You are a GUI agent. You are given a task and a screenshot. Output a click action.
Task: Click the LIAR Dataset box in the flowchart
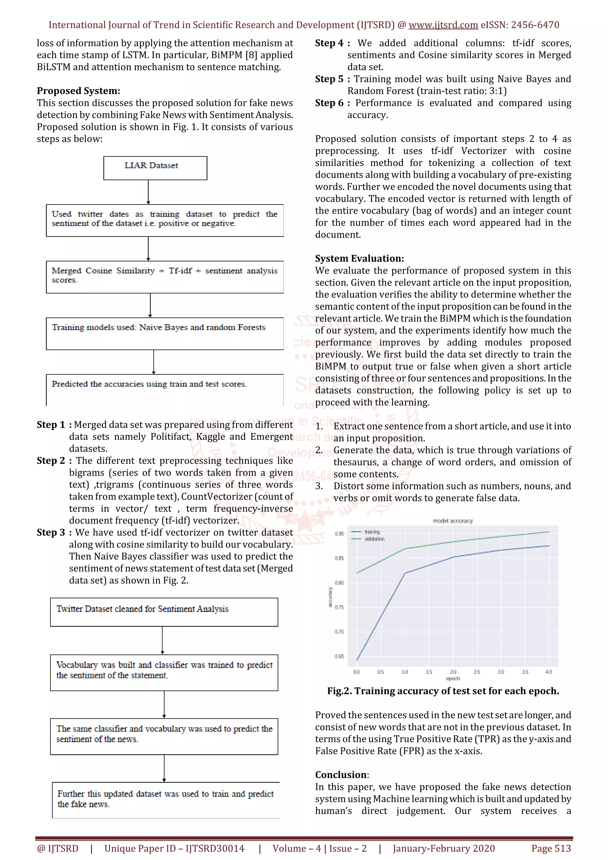click(155, 167)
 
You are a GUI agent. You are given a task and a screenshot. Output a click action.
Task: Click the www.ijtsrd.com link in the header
click(443, 25)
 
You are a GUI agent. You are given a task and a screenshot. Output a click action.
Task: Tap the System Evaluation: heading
click(359, 258)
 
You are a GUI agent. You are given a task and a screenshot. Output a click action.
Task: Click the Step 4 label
click(329, 43)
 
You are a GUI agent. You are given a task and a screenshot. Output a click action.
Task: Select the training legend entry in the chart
click(372, 531)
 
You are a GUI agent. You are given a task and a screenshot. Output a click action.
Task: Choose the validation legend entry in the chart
click(374, 539)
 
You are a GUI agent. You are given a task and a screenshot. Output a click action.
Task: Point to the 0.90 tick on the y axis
click(339, 533)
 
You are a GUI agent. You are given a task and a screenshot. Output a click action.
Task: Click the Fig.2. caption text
click(443, 691)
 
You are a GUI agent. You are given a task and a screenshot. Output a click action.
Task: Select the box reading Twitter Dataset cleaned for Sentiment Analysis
click(164, 612)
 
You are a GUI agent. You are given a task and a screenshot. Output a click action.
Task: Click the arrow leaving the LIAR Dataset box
click(148, 192)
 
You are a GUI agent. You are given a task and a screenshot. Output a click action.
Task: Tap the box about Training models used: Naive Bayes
click(165, 333)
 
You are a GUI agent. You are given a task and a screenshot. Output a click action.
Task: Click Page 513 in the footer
click(551, 848)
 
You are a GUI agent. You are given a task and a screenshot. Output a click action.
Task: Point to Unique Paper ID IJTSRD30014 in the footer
click(174, 848)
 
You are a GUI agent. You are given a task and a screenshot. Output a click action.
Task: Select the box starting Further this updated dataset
click(166, 800)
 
